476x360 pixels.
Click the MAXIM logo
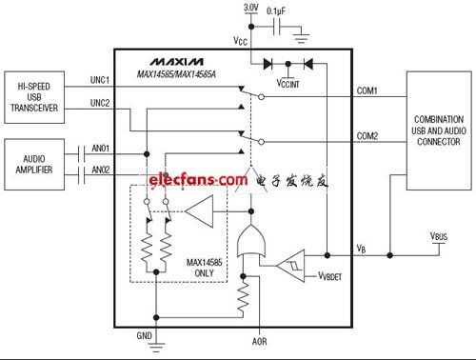[177, 62]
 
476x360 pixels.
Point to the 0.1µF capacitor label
[276, 11]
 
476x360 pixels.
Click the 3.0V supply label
[250, 8]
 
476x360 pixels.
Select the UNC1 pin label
[100, 80]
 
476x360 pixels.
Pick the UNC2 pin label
[100, 103]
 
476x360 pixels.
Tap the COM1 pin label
[367, 90]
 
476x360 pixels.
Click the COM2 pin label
[367, 136]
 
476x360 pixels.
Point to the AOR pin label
[259, 342]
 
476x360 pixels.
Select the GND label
[145, 335]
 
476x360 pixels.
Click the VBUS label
[439, 236]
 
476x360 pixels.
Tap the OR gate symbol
[251, 241]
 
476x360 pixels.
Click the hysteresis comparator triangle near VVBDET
[290, 266]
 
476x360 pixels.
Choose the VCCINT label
[288, 84]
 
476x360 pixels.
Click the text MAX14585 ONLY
[204, 268]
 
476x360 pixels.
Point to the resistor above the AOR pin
[243, 298]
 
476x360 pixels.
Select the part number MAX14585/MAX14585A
[176, 74]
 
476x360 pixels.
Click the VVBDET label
[330, 276]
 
